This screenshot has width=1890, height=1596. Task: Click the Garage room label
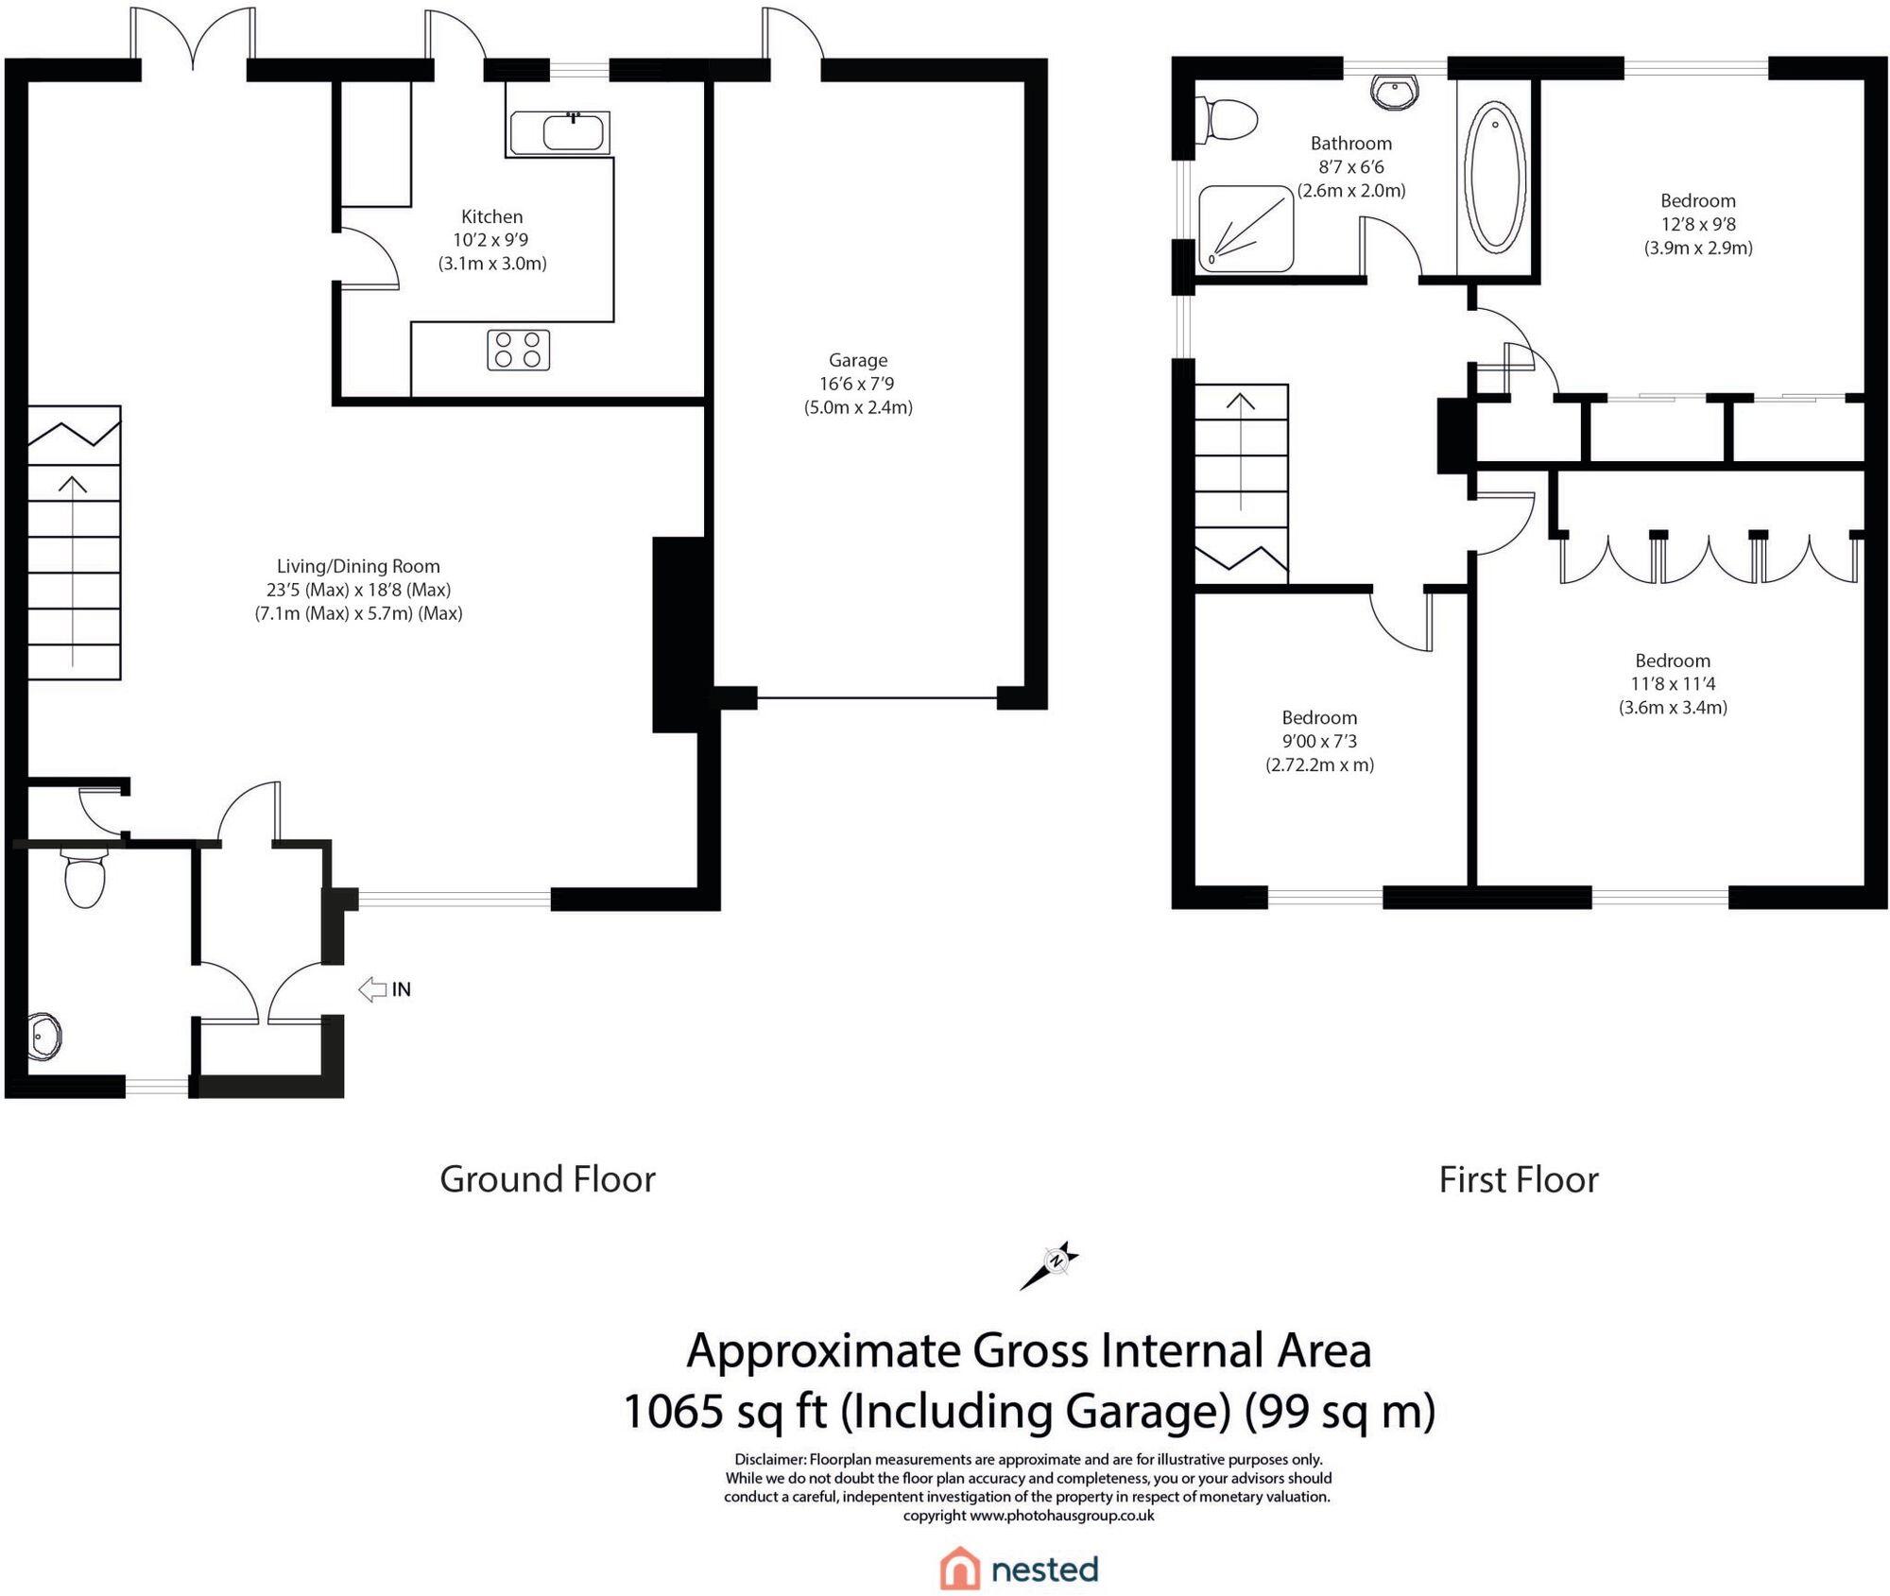click(x=858, y=360)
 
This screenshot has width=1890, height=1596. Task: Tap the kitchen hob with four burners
click(x=519, y=350)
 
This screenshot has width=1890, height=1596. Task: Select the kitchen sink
click(x=559, y=132)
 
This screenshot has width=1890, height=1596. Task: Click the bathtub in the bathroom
click(x=1494, y=177)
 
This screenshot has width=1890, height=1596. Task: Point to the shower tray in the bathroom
click(x=1245, y=228)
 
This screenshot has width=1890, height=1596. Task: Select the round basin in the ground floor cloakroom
click(x=44, y=1037)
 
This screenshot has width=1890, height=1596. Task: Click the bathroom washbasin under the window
click(x=1395, y=93)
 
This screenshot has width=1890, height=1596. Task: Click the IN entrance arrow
click(x=372, y=988)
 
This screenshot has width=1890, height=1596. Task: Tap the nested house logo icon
click(x=959, y=1569)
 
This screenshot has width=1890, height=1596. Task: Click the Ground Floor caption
click(x=547, y=1179)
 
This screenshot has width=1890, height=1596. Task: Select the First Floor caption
click(x=1518, y=1179)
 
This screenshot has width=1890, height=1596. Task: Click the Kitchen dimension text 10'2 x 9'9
click(x=490, y=240)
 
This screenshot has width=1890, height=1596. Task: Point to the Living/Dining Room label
click(x=358, y=566)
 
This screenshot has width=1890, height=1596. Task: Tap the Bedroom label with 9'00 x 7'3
click(x=1319, y=717)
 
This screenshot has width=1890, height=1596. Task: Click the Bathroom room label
click(x=1350, y=144)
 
